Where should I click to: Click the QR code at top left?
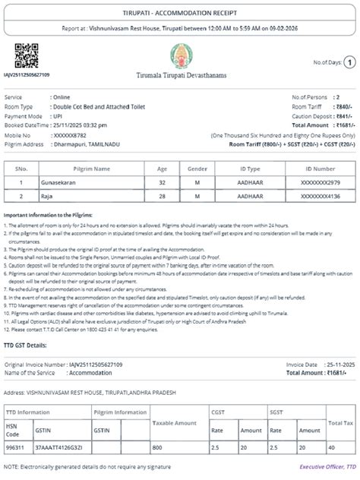(27, 56)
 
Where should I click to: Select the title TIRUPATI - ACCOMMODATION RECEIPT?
(180, 14)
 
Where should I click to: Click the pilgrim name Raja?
(68, 196)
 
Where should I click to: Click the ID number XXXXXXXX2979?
(320, 182)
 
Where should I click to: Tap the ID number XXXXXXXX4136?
(320, 196)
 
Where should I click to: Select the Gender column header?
(197, 169)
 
